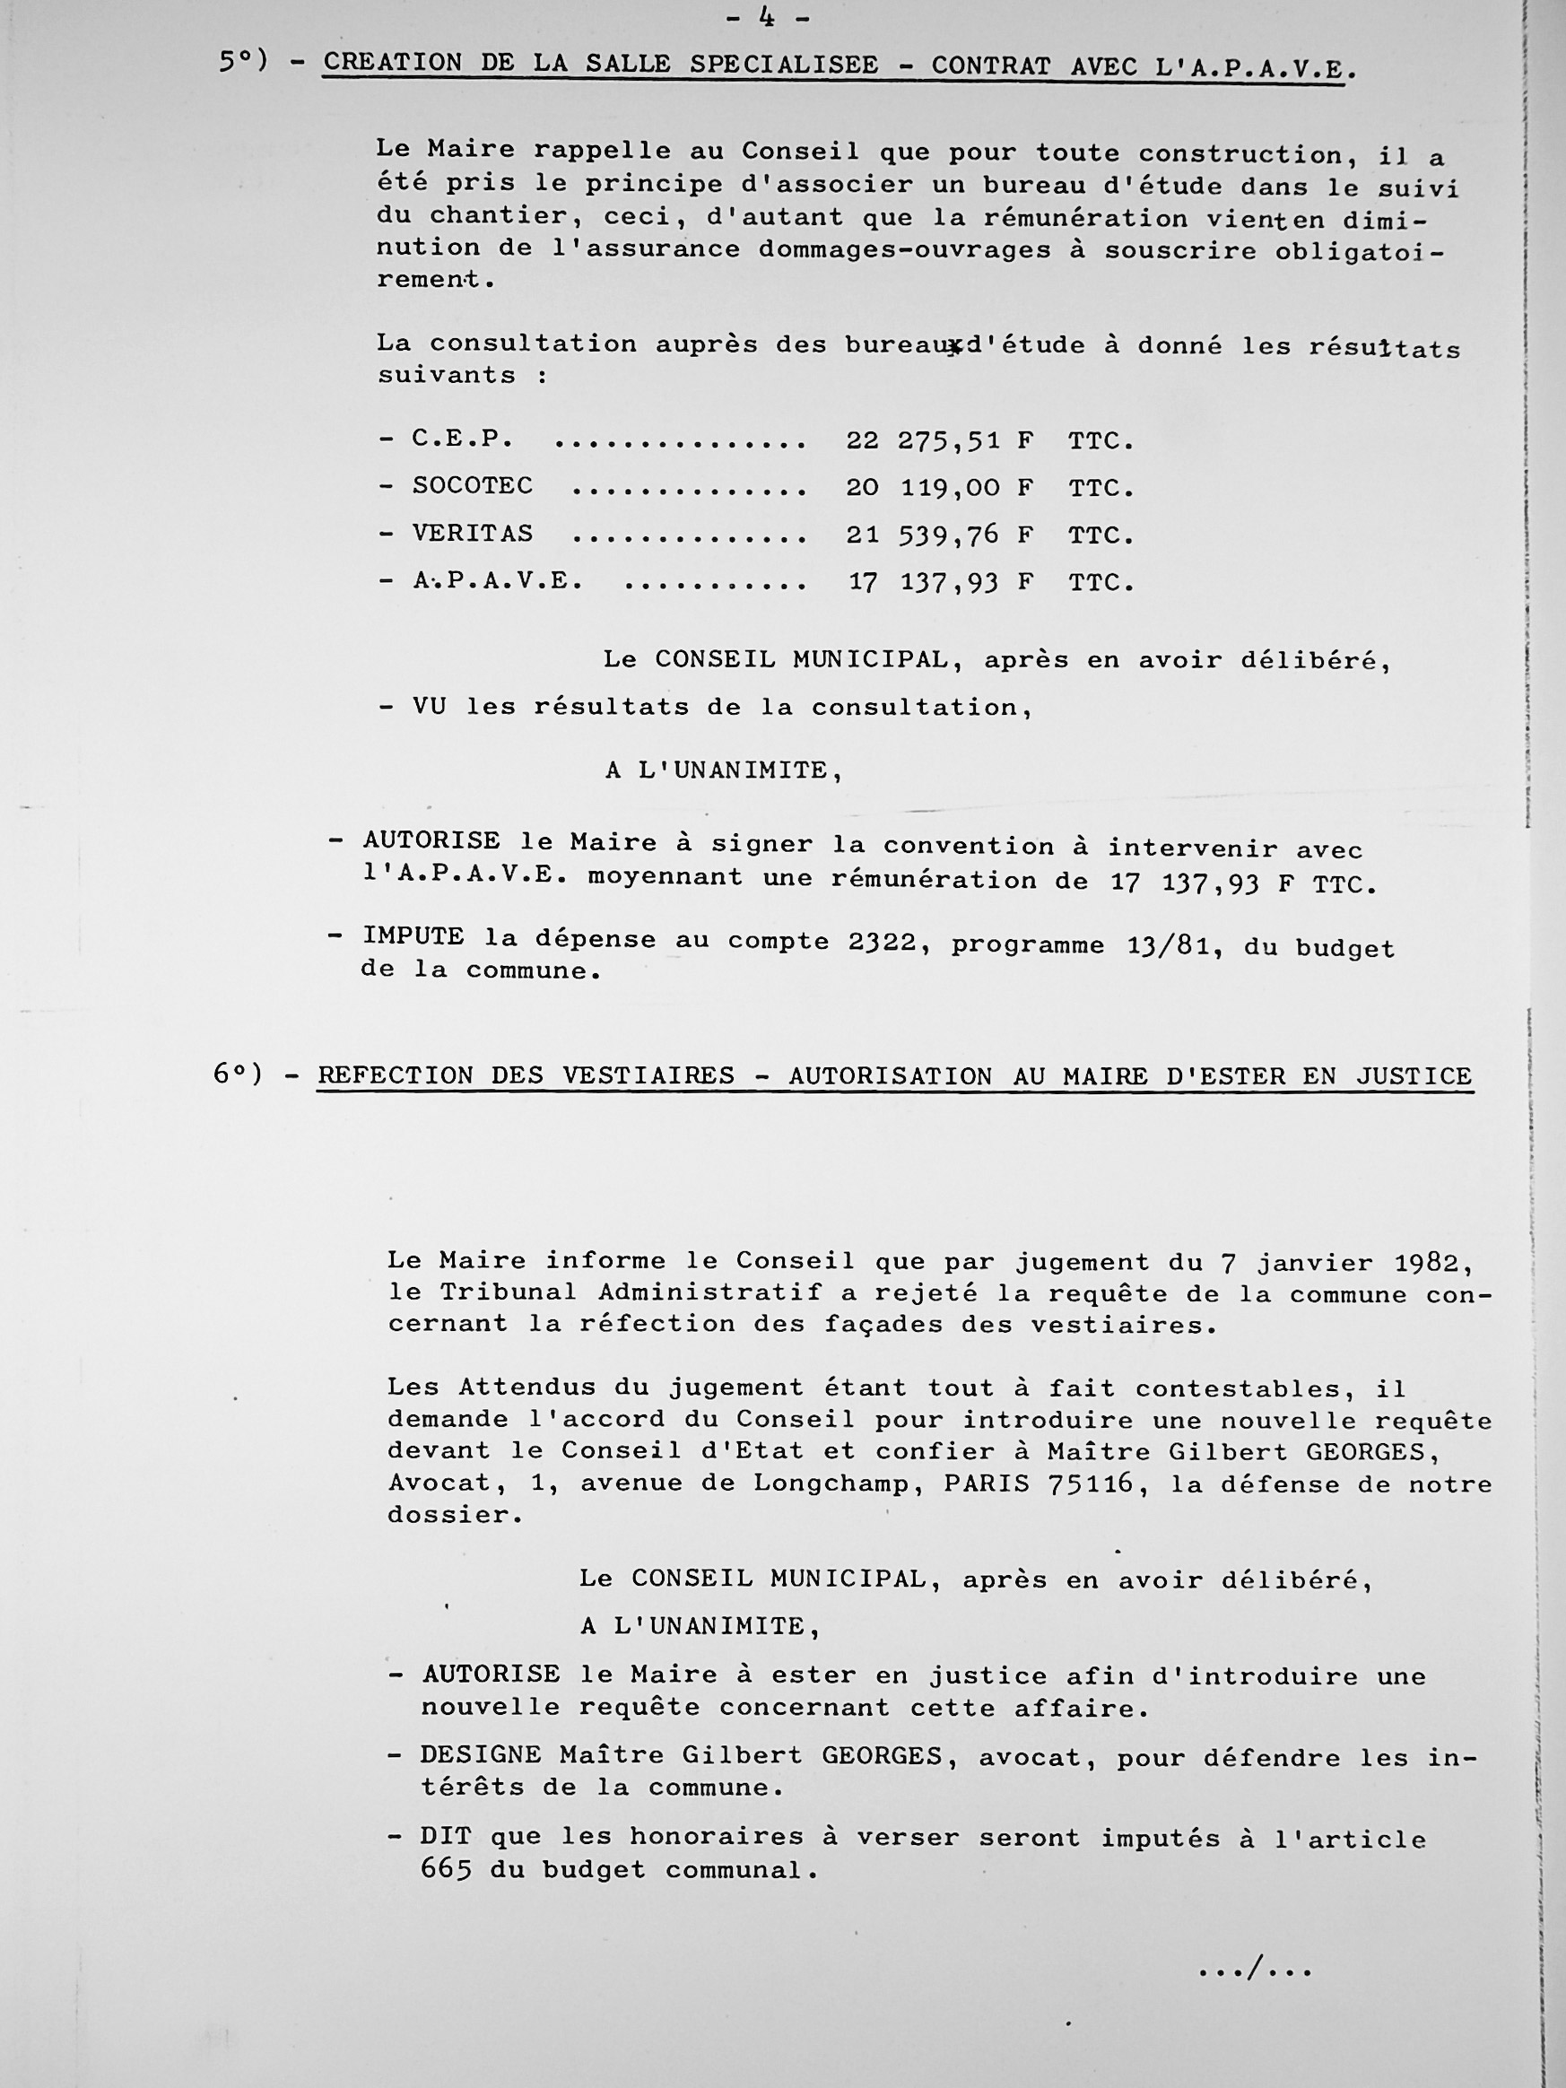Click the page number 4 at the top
click(x=767, y=16)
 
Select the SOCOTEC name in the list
click(x=472, y=486)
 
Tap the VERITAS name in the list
click(x=472, y=535)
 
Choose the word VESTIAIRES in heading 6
click(x=658, y=1076)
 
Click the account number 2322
click(x=881, y=942)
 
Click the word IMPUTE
click(x=413, y=937)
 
